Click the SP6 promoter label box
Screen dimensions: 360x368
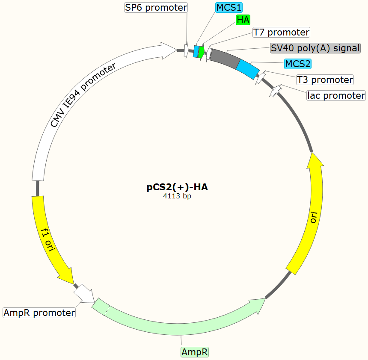click(x=156, y=8)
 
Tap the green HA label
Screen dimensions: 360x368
click(x=243, y=20)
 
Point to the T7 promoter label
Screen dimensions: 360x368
click(x=281, y=32)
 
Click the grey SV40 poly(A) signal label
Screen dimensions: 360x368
click(x=315, y=48)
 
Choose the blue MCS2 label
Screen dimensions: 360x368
click(x=298, y=64)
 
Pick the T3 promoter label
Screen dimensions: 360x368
click(x=325, y=80)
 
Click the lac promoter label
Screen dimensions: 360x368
click(x=336, y=95)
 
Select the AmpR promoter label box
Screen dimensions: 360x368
click(x=39, y=313)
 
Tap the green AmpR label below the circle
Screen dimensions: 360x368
click(x=195, y=352)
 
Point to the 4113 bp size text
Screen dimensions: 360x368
click(x=177, y=196)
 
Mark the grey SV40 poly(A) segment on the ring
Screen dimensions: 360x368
click(x=223, y=58)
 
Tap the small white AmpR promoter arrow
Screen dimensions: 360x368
click(x=85, y=293)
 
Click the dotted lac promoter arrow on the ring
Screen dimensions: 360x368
click(x=276, y=91)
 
